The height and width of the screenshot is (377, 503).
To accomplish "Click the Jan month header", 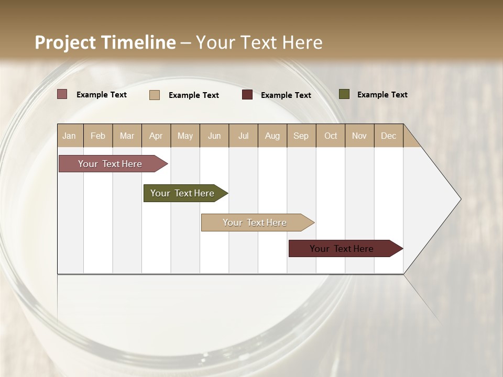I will pyautogui.click(x=69, y=136).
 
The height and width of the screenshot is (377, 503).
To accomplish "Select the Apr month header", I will pyautogui.click(x=156, y=136).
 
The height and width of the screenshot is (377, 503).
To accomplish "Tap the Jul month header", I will pyautogui.click(x=243, y=136).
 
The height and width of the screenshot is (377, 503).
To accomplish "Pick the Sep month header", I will pyautogui.click(x=301, y=136).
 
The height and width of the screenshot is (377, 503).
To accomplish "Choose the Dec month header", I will pyautogui.click(x=388, y=136).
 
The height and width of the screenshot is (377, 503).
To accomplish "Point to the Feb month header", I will pyautogui.click(x=98, y=136).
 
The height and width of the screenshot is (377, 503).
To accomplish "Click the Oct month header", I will pyautogui.click(x=331, y=136).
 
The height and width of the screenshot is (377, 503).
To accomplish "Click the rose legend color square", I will pyautogui.click(x=62, y=94).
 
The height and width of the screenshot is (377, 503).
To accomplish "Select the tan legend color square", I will pyautogui.click(x=155, y=95).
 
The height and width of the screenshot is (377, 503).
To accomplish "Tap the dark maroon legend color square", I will pyautogui.click(x=247, y=95).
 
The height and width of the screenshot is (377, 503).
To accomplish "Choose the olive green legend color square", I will pyautogui.click(x=344, y=94).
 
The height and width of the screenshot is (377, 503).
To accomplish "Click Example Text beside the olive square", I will pyautogui.click(x=382, y=95).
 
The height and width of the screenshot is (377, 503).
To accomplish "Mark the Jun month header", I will pyautogui.click(x=214, y=136).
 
